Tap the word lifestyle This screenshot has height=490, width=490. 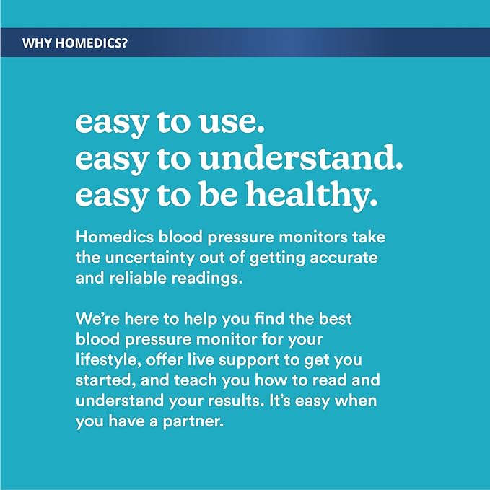pyautogui.click(x=102, y=359)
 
